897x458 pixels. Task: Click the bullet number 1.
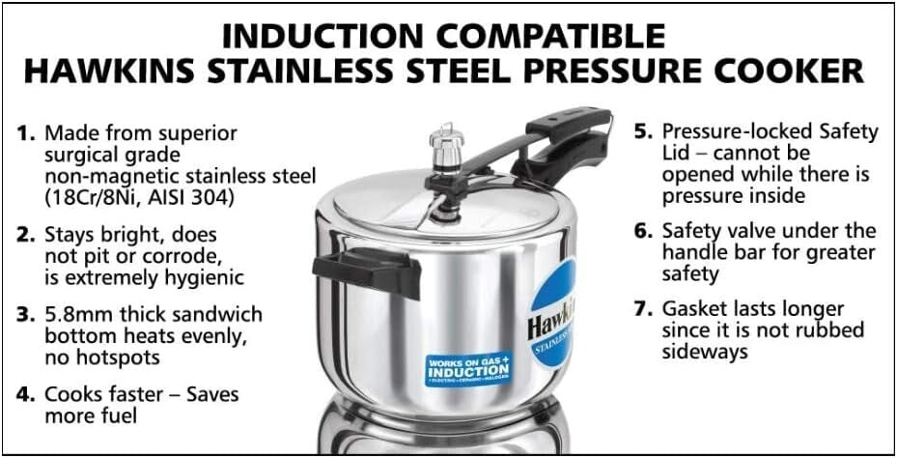[28, 133]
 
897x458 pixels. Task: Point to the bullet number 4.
[28, 395]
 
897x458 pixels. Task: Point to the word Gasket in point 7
[693, 309]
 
